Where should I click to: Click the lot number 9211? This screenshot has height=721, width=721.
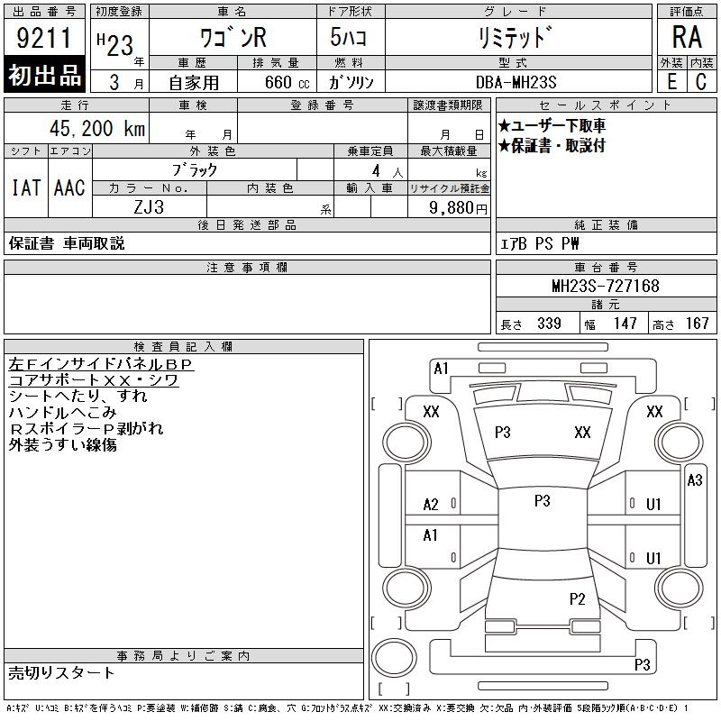point(44,37)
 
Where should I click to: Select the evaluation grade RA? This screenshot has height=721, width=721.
point(687,37)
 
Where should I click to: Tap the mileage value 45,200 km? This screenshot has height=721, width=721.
point(97,128)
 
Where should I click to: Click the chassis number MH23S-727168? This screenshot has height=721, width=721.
point(606,286)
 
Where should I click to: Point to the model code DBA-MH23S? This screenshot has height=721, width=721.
point(516,82)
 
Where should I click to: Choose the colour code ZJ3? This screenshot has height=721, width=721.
point(149,207)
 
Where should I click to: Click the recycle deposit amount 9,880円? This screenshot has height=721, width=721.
point(458,208)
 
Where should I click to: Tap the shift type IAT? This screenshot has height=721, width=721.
point(26,188)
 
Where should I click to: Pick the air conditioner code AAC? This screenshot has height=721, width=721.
point(70,188)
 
